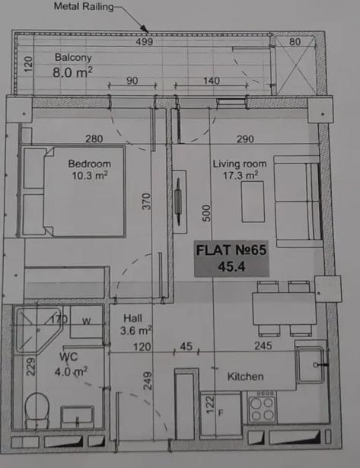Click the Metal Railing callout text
(84, 6)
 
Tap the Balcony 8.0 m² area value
(72, 72)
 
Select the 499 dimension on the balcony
(144, 42)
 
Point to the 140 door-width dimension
(212, 81)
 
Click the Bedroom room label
(90, 164)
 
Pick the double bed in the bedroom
(73, 191)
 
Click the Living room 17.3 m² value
(241, 175)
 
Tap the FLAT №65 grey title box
(231, 259)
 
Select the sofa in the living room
(298, 201)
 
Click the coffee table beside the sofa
(253, 202)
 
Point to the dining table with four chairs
(285, 309)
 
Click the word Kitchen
(245, 377)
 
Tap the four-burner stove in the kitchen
(262, 406)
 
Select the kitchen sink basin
(311, 365)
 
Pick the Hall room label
(132, 318)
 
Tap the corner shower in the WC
(38, 330)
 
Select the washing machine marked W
(86, 322)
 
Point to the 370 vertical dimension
(146, 202)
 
